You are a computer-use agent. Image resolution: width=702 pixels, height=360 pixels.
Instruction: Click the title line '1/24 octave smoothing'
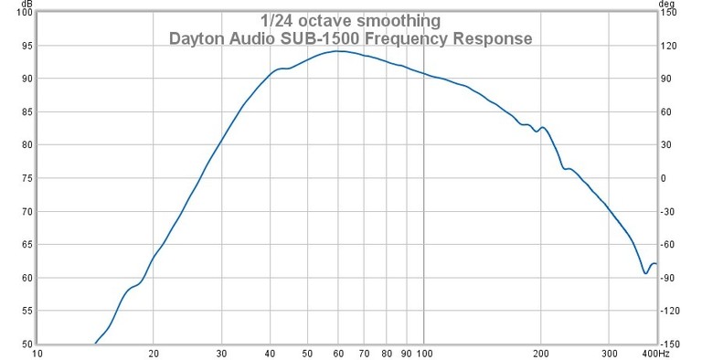[x=350, y=20]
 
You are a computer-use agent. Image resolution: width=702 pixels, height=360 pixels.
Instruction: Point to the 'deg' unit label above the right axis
[x=669, y=5]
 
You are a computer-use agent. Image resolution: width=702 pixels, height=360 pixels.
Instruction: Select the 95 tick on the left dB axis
[x=25, y=46]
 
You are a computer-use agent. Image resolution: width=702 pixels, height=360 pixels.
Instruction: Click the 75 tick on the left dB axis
[x=25, y=178]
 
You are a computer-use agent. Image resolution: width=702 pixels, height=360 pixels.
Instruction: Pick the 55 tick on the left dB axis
[x=25, y=312]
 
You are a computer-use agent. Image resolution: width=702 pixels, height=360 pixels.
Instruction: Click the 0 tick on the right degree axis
[x=664, y=178]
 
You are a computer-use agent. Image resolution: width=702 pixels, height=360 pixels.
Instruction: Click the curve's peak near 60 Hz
[x=338, y=51]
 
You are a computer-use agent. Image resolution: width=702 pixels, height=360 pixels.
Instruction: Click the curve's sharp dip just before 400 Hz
[x=645, y=272]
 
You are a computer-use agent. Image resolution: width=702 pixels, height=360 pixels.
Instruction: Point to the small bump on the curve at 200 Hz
[x=543, y=128]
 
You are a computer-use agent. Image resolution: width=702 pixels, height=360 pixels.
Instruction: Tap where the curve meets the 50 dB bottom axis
[x=94, y=344]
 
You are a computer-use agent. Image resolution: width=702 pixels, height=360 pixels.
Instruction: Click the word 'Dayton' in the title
[x=196, y=39]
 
